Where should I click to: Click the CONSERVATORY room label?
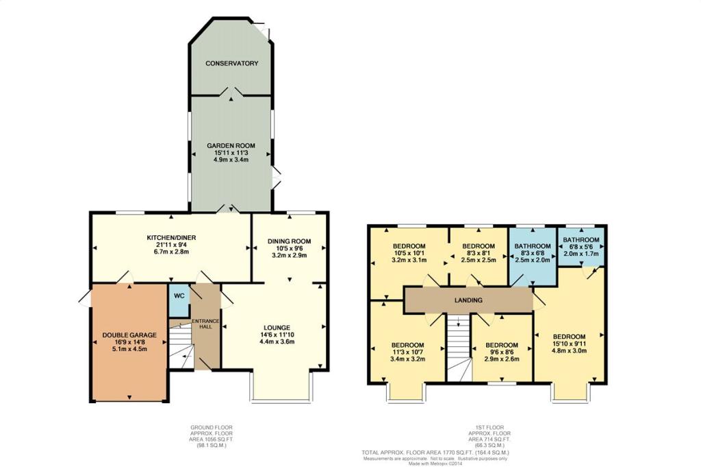pos(231,64)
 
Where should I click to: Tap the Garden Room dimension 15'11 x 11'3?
pos(231,153)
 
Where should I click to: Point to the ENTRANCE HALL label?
pos(205,324)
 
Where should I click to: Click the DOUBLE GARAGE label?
pos(129,335)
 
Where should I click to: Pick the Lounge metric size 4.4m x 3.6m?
pos(277,342)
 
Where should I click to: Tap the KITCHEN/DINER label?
pos(172,238)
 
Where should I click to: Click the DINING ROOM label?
pos(290,241)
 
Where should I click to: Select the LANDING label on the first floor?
pos(468,300)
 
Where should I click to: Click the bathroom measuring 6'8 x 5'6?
pos(581,247)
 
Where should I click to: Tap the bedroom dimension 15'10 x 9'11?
pos(569,344)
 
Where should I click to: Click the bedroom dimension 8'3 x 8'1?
pos(479,253)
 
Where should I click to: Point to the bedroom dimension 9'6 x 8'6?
pos(502,352)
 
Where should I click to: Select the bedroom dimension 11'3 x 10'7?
pos(408,352)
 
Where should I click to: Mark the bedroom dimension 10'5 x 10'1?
pos(409,253)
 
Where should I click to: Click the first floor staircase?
pos(459,348)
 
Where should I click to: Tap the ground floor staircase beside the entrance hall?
pos(181,345)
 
